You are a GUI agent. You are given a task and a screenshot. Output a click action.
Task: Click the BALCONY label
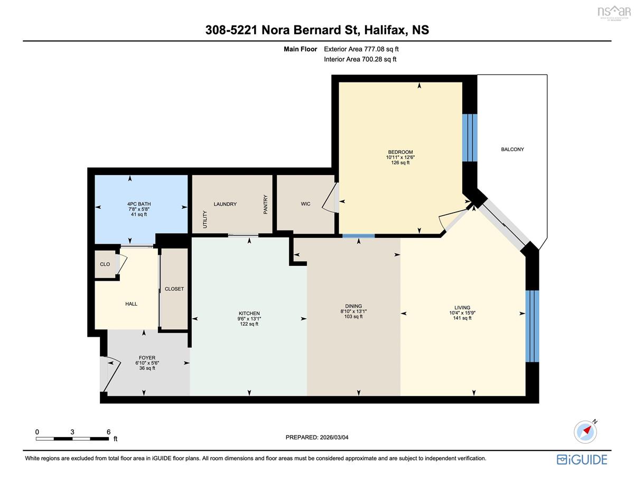(x=512, y=150)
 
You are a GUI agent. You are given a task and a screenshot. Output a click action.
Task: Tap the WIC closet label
(x=305, y=204)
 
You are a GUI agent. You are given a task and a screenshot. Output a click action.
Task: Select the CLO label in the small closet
(x=105, y=264)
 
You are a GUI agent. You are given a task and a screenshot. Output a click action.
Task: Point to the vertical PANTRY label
(x=265, y=204)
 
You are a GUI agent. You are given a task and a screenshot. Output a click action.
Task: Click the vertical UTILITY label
(x=204, y=219)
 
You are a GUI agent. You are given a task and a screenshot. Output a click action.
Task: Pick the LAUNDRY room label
(x=225, y=204)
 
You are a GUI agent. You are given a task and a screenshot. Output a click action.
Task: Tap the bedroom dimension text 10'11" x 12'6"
(x=400, y=158)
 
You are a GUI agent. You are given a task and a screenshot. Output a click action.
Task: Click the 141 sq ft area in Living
(x=462, y=318)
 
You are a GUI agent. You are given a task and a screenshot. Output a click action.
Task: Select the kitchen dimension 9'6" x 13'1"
(x=249, y=319)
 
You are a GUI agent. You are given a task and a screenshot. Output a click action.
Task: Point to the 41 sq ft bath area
(x=139, y=214)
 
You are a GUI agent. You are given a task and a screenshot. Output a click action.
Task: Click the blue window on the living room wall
(x=532, y=326)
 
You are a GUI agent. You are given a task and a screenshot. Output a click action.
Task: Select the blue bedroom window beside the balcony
(x=470, y=138)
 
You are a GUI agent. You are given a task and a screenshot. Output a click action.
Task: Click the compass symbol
(x=585, y=432)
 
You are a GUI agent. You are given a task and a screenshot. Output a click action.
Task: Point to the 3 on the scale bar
(x=72, y=432)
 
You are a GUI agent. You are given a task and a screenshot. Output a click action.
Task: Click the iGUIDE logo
(x=582, y=460)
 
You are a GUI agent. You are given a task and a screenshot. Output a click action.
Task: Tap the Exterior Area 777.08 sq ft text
(x=361, y=49)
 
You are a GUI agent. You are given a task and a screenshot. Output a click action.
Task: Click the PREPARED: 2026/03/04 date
(x=317, y=437)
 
